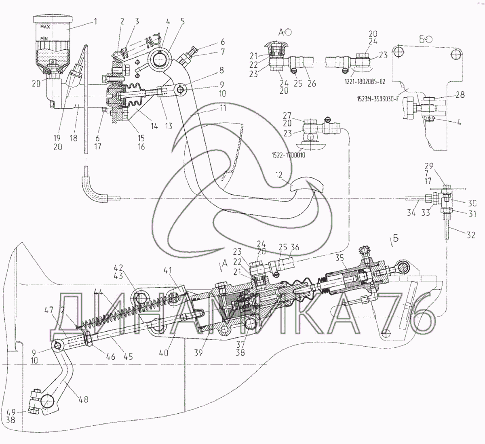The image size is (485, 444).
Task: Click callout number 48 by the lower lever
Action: [x=84, y=400]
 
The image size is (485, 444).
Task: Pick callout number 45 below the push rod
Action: [x=128, y=357]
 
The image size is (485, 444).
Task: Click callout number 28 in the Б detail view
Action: [x=460, y=95]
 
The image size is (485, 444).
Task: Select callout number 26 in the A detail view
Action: [x=311, y=84]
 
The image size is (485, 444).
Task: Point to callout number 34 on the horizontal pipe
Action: [x=411, y=213]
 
